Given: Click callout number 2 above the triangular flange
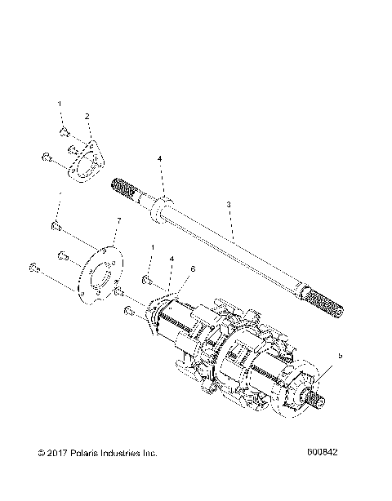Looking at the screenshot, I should coord(87,117).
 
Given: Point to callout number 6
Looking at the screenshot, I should coord(193,268).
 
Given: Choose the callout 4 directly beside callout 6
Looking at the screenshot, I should coord(171,259).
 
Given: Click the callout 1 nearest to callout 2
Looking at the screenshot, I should coord(60,104).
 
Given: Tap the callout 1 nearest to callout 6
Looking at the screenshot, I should coord(152,248).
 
